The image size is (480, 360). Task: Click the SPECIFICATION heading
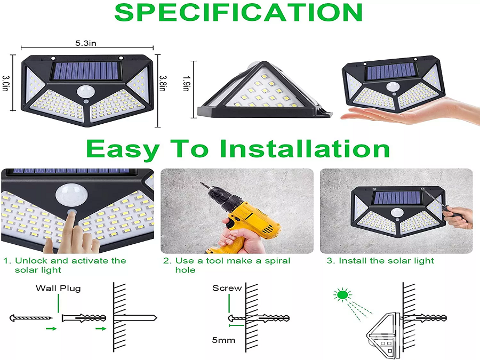pyautogui.click(x=238, y=13)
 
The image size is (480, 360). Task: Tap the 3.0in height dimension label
pyautogui.click(x=6, y=83)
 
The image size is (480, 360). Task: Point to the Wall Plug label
pyautogui.click(x=58, y=289)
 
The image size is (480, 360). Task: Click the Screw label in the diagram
pyautogui.click(x=227, y=288)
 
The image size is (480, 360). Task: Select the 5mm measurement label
pyautogui.click(x=223, y=340)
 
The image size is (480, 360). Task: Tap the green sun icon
pyautogui.click(x=342, y=294)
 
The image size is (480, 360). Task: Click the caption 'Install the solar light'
pyautogui.click(x=386, y=261)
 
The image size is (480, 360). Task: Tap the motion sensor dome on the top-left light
pyautogui.click(x=85, y=91)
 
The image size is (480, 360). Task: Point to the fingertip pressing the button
pyautogui.click(x=72, y=214)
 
